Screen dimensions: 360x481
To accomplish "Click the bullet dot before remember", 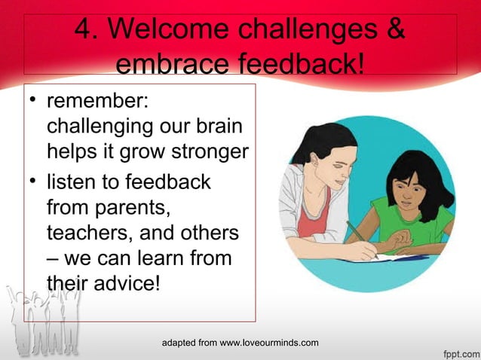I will pyautogui.click(x=34, y=102).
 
